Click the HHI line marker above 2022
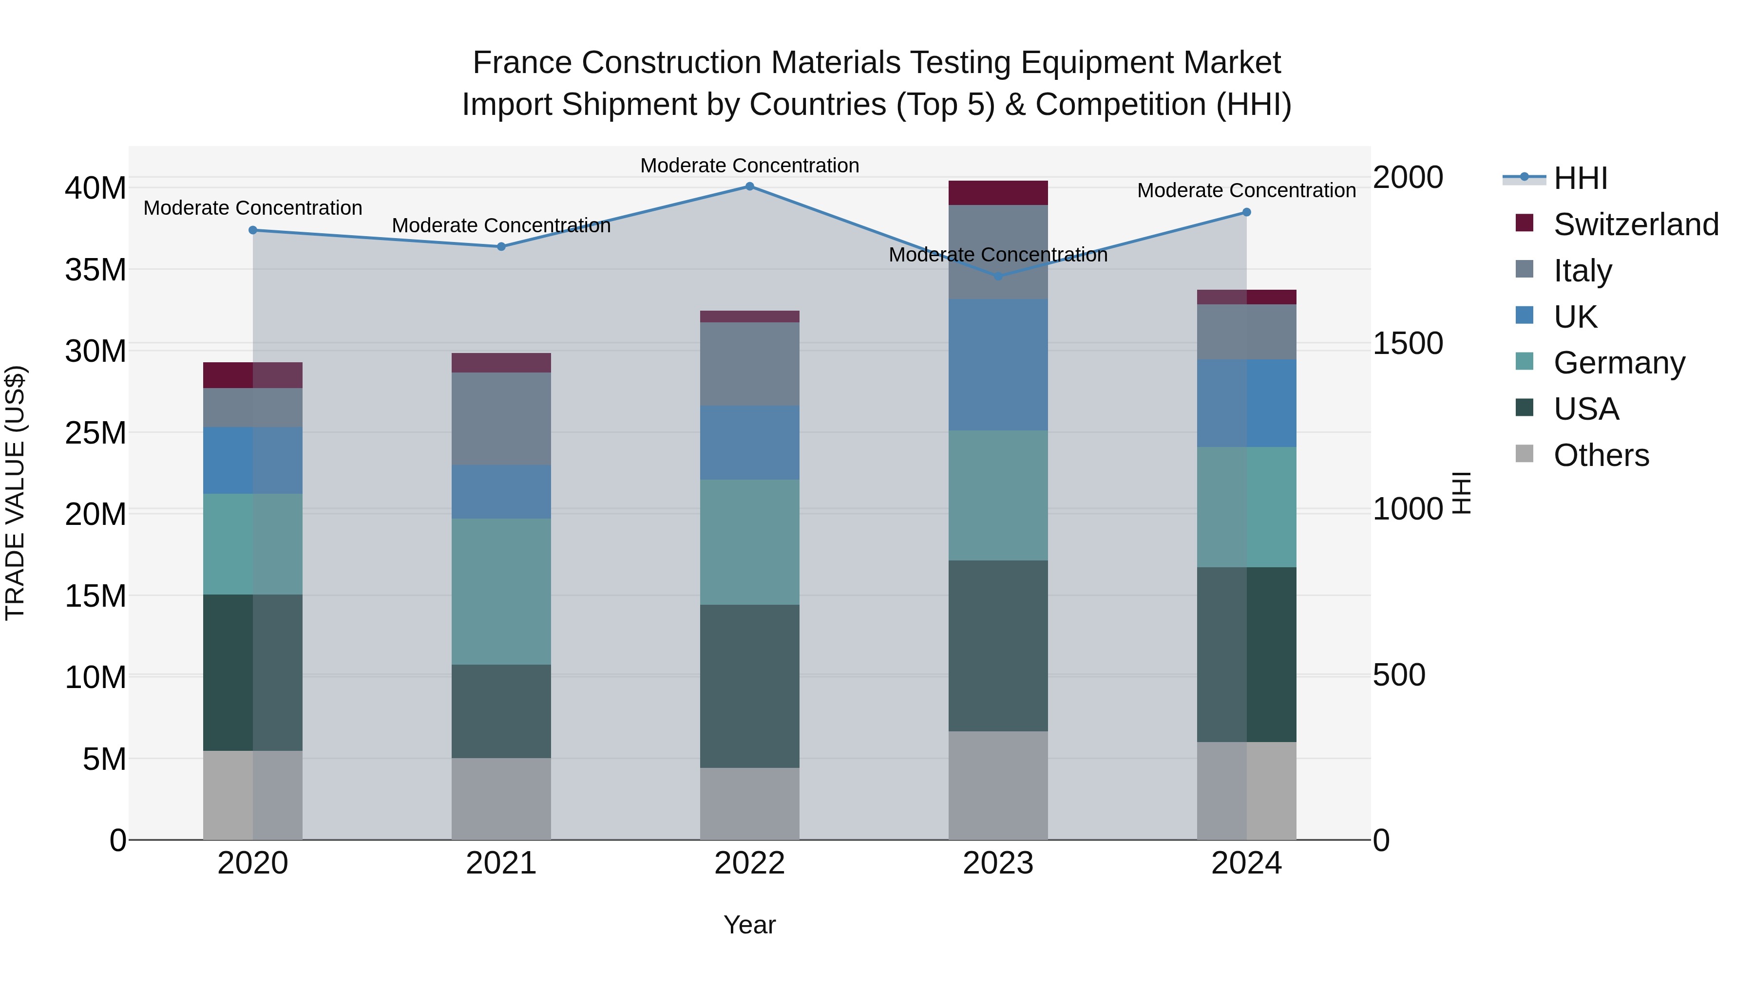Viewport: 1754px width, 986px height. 750,186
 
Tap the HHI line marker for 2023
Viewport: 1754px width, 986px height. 998,276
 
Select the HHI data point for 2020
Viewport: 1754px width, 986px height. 252,230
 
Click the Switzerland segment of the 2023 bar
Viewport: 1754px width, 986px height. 998,192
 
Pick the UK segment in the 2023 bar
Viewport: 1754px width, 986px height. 998,365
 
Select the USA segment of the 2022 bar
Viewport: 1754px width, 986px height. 750,686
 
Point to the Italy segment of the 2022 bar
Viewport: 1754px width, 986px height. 750,364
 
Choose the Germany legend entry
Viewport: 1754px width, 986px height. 1619,363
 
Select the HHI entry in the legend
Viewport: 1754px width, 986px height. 1580,178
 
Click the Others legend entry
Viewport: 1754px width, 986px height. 1600,455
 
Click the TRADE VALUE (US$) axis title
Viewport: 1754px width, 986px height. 15,493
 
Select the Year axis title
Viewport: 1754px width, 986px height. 750,925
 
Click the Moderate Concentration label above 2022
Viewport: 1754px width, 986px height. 750,166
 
